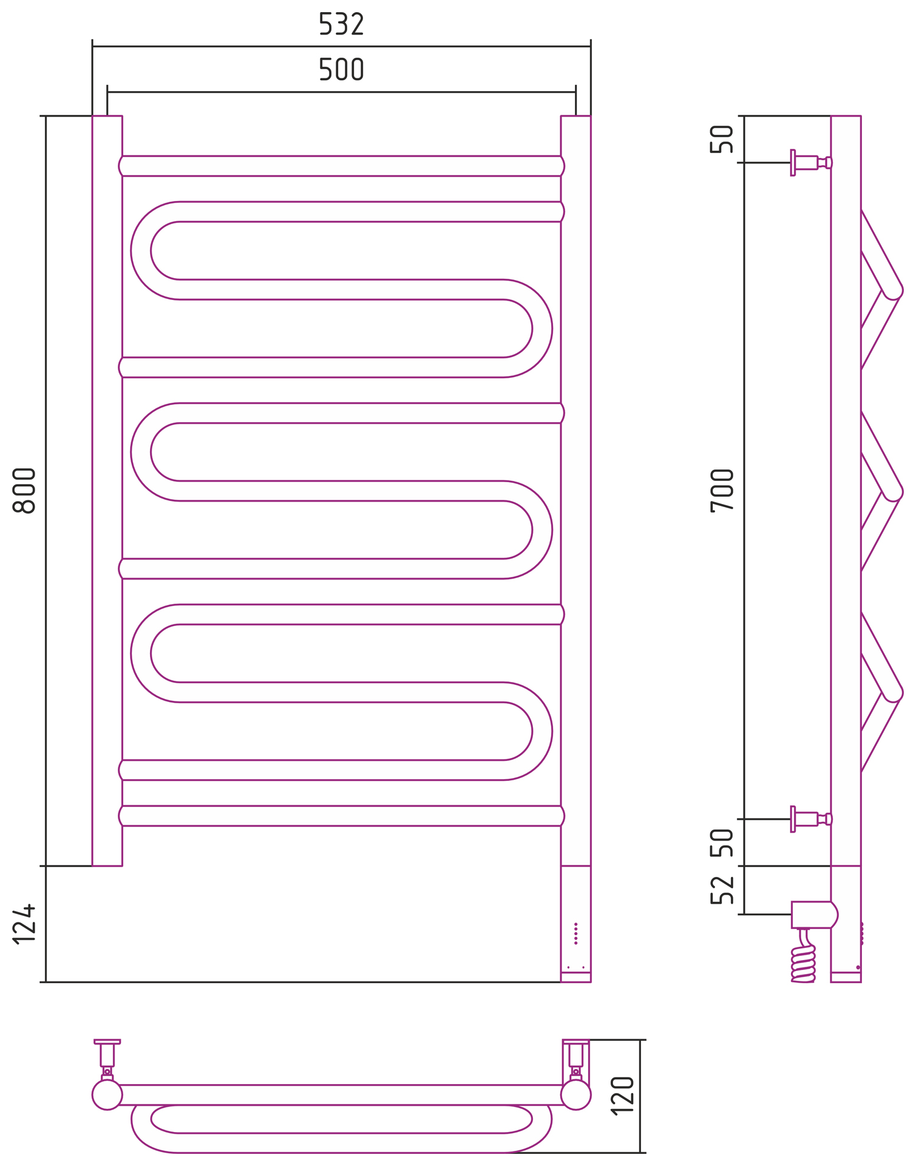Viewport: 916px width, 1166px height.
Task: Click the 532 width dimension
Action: click(x=341, y=24)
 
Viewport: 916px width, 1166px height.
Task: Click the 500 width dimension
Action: click(x=341, y=69)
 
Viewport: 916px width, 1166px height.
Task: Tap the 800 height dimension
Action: click(x=24, y=491)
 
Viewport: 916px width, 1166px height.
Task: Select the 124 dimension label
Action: click(x=24, y=924)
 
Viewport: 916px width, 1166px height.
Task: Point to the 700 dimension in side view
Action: click(x=722, y=491)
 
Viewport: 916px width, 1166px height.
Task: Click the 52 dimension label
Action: click(x=722, y=890)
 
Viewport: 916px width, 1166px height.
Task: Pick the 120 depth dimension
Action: click(x=623, y=1096)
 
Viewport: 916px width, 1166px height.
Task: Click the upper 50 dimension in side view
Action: click(x=722, y=139)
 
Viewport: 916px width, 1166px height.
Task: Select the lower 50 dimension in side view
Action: click(x=722, y=842)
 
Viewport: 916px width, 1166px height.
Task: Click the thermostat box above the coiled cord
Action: click(x=812, y=915)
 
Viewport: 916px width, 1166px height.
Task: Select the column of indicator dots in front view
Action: click(x=575, y=933)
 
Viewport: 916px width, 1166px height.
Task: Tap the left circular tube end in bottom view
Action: click(x=107, y=1095)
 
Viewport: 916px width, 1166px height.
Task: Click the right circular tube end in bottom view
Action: click(x=575, y=1095)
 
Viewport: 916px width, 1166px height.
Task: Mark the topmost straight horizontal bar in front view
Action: click(x=341, y=166)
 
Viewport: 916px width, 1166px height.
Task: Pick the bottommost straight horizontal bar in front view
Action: click(x=341, y=816)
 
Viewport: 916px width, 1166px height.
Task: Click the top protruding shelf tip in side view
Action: click(x=894, y=291)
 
